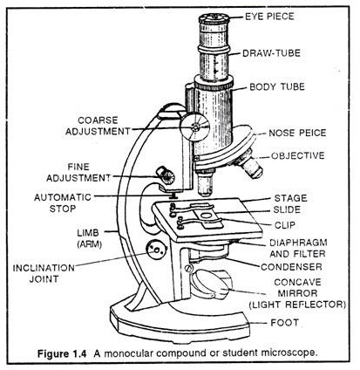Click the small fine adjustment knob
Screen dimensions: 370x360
[x=163, y=175]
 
